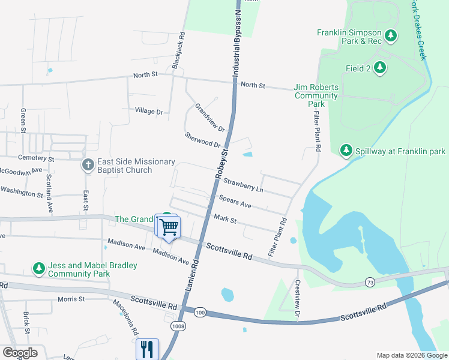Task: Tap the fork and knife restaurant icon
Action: coord(147,348)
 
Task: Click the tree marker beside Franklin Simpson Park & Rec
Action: coord(391,36)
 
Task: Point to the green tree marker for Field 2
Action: coord(379,68)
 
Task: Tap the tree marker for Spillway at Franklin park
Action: coord(346,150)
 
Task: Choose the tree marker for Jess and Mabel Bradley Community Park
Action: coord(39,269)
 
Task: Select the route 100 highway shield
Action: coord(200,312)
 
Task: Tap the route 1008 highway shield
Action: coord(178,326)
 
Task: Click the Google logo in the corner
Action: coord(20,353)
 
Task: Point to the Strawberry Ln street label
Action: coord(243,185)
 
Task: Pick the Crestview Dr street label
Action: coord(297,298)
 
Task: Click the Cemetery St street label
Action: coord(35,159)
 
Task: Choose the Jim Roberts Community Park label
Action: coord(316,95)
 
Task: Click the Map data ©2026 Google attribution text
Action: coord(411,355)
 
